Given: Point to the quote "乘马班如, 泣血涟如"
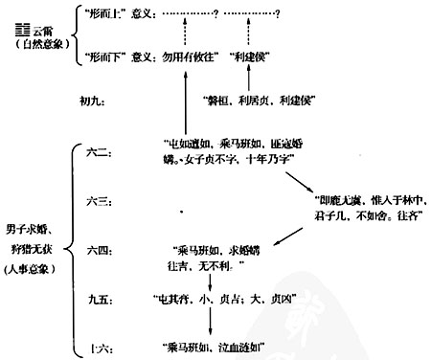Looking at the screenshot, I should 215,345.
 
